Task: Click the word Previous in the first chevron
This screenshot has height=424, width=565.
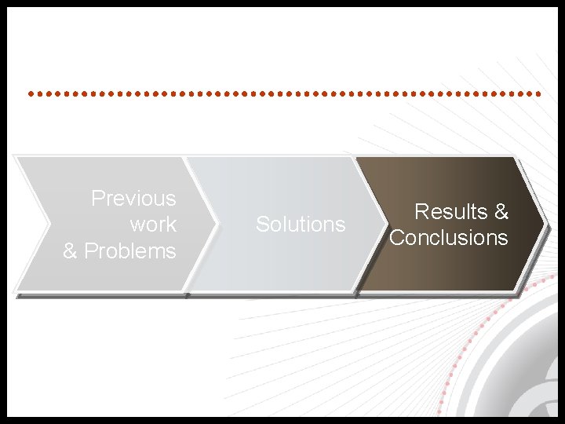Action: tap(133, 199)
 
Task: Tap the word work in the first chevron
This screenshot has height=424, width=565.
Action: tap(153, 225)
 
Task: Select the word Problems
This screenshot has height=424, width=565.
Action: tap(130, 251)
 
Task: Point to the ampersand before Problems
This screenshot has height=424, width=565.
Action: tap(71, 251)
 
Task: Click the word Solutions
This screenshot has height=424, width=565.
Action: tap(301, 225)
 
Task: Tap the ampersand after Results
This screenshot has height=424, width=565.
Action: tap(501, 212)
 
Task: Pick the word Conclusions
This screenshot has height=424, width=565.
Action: tap(449, 238)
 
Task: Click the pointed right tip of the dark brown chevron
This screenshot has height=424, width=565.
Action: tap(544, 225)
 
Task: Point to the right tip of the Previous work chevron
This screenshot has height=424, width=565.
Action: tap(215, 225)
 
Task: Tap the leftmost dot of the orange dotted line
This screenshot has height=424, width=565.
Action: tap(30, 93)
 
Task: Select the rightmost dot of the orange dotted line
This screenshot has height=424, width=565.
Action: tap(539, 93)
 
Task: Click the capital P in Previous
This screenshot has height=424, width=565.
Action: tap(97, 199)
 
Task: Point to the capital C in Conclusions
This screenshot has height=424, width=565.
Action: tap(396, 238)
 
